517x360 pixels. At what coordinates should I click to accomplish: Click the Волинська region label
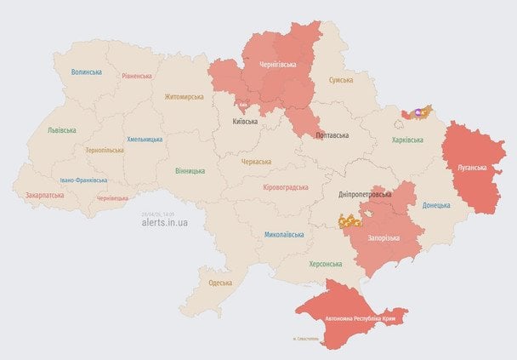pyautogui.click(x=87, y=72)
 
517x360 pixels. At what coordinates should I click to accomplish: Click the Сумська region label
pyautogui.click(x=343, y=79)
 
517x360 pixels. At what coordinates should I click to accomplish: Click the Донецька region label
pyautogui.click(x=437, y=205)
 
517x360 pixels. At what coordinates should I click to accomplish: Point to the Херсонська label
pyautogui.click(x=325, y=264)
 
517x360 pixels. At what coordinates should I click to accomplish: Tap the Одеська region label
pyautogui.click(x=219, y=283)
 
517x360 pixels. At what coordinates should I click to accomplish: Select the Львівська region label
pyautogui.click(x=61, y=130)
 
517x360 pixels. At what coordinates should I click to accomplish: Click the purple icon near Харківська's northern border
pyautogui.click(x=418, y=111)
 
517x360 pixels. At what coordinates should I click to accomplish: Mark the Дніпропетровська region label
pyautogui.click(x=365, y=194)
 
